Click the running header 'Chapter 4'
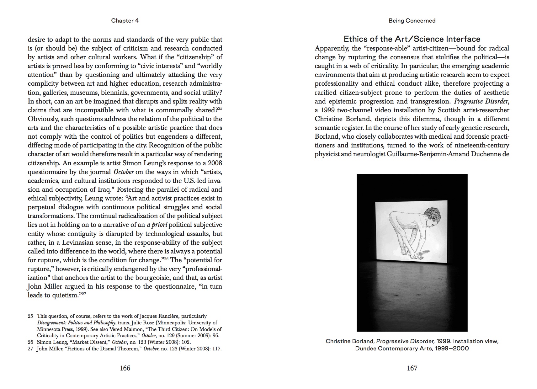coord(125,21)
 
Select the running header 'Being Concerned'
coord(412,21)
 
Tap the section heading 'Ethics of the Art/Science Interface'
coord(412,39)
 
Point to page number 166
coord(125,368)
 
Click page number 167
coord(412,368)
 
